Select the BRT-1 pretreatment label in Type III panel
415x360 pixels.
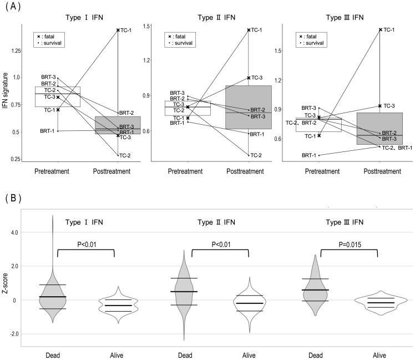coord(309,155)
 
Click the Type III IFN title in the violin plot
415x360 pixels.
coord(349,223)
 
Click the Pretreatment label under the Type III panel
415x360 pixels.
coord(323,171)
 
